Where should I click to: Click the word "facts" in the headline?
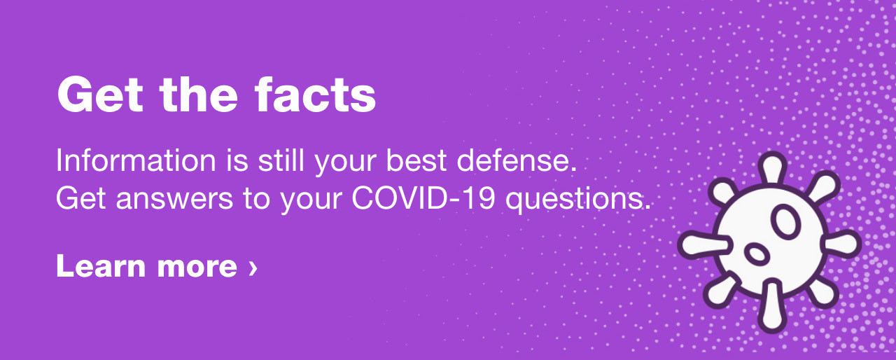(315, 95)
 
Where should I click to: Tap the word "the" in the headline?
(199, 95)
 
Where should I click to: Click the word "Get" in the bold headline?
(100, 95)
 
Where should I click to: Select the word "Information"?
(136, 161)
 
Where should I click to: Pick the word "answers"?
(174, 199)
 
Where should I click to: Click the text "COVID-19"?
(423, 198)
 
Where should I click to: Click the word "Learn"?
(101, 266)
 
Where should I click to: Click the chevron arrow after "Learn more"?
(253, 268)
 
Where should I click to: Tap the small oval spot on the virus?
(757, 254)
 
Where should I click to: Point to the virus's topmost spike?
(772, 169)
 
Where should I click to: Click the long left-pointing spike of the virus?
(705, 244)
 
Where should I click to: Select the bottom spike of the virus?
(772, 306)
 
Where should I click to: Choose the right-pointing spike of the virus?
(841, 244)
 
